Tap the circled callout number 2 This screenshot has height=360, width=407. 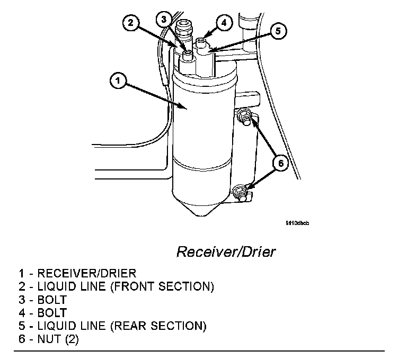pyautogui.click(x=131, y=23)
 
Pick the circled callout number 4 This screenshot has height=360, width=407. pyautogui.click(x=224, y=23)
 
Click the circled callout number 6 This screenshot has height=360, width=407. pyautogui.click(x=281, y=163)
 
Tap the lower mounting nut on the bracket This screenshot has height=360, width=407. pyautogui.click(x=240, y=190)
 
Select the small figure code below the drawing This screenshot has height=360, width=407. pyautogui.click(x=297, y=223)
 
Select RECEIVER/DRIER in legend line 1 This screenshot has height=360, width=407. pyautogui.click(x=86, y=274)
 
